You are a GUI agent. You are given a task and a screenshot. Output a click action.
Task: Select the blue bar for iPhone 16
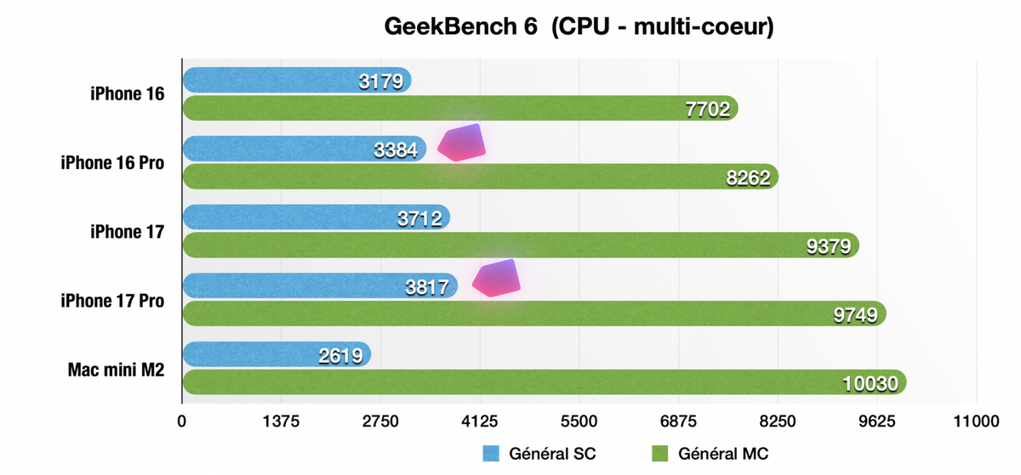(272, 80)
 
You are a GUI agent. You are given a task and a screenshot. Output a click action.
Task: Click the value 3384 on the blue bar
(396, 150)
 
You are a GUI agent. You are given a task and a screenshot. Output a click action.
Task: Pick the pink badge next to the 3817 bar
(496, 278)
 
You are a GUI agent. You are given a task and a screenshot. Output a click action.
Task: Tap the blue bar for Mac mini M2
(255, 355)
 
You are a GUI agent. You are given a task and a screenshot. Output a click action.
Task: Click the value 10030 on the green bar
(870, 383)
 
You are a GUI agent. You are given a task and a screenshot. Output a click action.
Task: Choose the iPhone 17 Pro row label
(112, 300)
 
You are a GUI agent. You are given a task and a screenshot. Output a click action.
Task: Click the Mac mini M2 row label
(116, 369)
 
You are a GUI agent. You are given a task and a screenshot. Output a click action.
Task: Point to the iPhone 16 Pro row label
(112, 162)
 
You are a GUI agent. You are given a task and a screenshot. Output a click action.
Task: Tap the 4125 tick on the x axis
(480, 422)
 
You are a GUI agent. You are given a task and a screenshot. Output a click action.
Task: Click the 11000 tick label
(976, 422)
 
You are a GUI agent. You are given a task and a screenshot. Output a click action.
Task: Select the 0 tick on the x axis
(182, 422)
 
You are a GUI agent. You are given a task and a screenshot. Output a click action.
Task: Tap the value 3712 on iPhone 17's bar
(419, 219)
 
